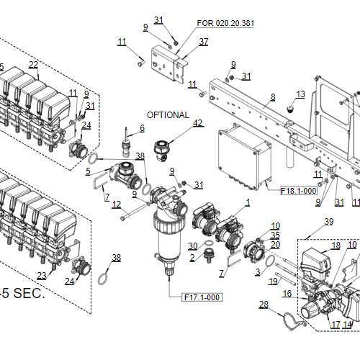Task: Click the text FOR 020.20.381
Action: coord(225,23)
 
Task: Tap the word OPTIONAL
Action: coord(168,115)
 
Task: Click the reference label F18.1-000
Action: coord(299,191)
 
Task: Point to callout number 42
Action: coord(198,123)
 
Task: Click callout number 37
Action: coord(204,42)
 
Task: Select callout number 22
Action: coord(33,65)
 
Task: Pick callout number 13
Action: coord(300,94)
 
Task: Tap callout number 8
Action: coord(273,96)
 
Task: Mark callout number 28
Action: coord(264,305)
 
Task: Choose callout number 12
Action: coord(116,204)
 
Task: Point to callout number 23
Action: coord(41,276)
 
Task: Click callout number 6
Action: coord(142,127)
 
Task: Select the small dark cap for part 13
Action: coord(290,109)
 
